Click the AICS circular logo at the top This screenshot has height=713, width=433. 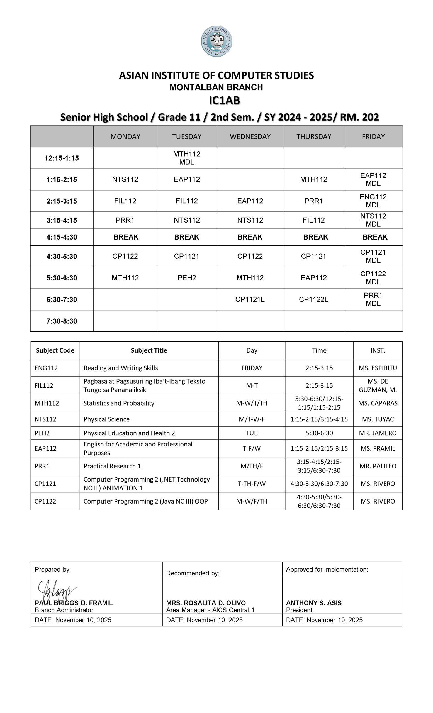tap(216, 41)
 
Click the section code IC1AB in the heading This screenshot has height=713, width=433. tap(224, 101)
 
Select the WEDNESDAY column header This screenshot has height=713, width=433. tap(250, 136)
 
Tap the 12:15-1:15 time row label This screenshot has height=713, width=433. tap(62, 158)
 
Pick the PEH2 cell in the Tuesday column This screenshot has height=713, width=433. tap(187, 278)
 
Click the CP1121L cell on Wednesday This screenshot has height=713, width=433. tap(250, 299)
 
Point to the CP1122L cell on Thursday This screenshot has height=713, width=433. tap(313, 299)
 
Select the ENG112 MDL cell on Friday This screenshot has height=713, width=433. tap(373, 201)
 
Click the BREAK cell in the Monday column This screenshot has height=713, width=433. tap(126, 237)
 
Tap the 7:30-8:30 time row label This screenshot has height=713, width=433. tap(62, 321)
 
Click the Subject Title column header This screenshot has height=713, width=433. tap(149, 350)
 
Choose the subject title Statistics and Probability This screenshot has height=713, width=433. tap(119, 403)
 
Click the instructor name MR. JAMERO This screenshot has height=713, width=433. tap(378, 433)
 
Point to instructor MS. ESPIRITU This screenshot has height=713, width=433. tap(378, 368)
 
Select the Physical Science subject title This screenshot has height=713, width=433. tap(106, 419)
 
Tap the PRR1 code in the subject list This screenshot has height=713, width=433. tap(42, 466)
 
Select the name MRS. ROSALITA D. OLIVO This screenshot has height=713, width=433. tap(206, 603)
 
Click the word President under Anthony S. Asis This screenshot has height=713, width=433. tap(299, 610)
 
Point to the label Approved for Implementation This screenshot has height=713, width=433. tap(327, 570)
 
